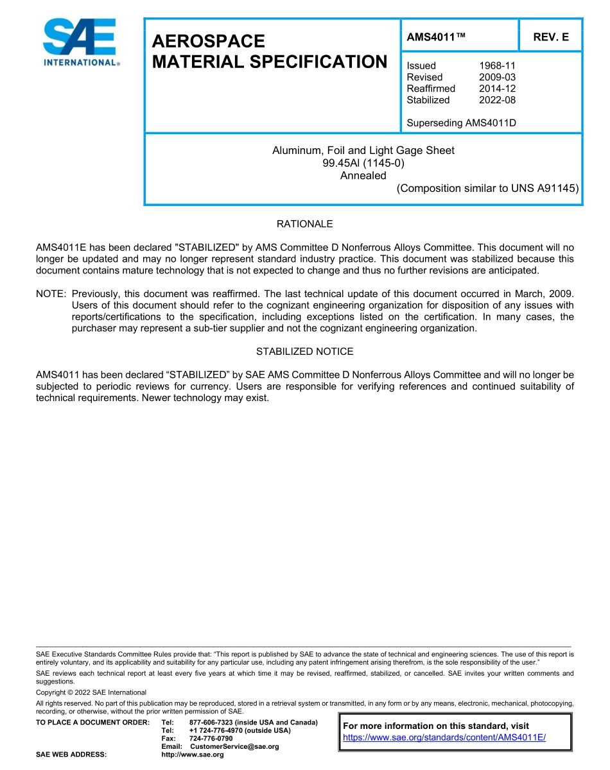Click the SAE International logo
[x=80, y=42]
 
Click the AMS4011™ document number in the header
[x=436, y=37]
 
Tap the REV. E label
[x=551, y=37]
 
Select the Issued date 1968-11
[x=497, y=65]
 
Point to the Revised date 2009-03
[x=497, y=77]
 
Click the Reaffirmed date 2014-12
[x=497, y=89]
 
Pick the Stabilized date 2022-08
[x=497, y=100]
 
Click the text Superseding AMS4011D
[x=461, y=123]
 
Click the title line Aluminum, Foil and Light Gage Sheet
[x=363, y=150]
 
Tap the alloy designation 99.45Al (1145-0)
[x=363, y=163]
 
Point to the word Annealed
[x=363, y=176]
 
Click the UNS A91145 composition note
[x=487, y=189]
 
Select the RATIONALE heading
[x=304, y=224]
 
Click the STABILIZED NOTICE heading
[x=304, y=352]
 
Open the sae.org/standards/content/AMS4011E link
[x=444, y=737]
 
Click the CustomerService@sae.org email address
[x=234, y=746]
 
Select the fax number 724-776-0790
[x=211, y=739]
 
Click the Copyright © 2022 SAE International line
[x=91, y=692]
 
